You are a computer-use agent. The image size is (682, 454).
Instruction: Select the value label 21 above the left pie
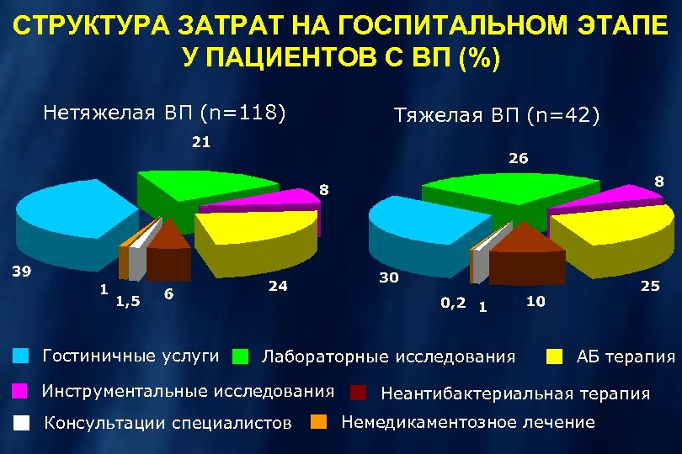200,142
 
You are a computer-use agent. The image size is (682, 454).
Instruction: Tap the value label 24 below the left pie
278,286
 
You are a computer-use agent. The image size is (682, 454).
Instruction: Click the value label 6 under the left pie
170,293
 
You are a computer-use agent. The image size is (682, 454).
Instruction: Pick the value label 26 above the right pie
519,157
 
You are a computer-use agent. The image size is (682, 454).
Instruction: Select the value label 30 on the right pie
388,277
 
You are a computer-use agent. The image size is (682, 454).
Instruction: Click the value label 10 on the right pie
535,299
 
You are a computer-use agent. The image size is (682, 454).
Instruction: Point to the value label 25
649,287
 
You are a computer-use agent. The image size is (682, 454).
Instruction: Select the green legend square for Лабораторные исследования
241,356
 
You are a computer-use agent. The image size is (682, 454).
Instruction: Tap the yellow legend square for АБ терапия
554,356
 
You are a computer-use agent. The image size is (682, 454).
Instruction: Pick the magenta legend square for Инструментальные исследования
21,391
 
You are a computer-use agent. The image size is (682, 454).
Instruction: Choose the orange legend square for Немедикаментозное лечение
320,422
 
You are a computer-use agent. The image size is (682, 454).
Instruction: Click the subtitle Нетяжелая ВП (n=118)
165,112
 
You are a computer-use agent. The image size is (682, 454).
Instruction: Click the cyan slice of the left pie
67,210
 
